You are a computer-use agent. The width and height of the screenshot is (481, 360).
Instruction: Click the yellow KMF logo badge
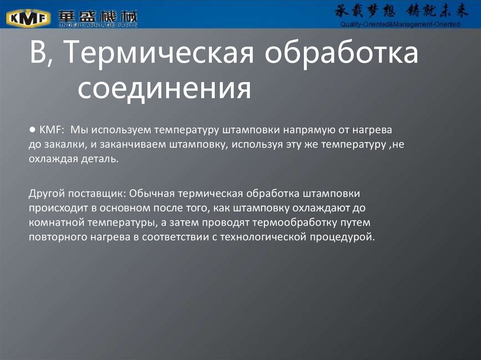(x=28, y=18)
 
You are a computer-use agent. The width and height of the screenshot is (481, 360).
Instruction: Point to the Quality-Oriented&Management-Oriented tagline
(x=400, y=24)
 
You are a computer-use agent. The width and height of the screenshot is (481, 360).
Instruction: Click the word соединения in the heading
(x=164, y=88)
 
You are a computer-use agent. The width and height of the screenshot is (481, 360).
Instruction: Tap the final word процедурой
(x=341, y=237)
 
